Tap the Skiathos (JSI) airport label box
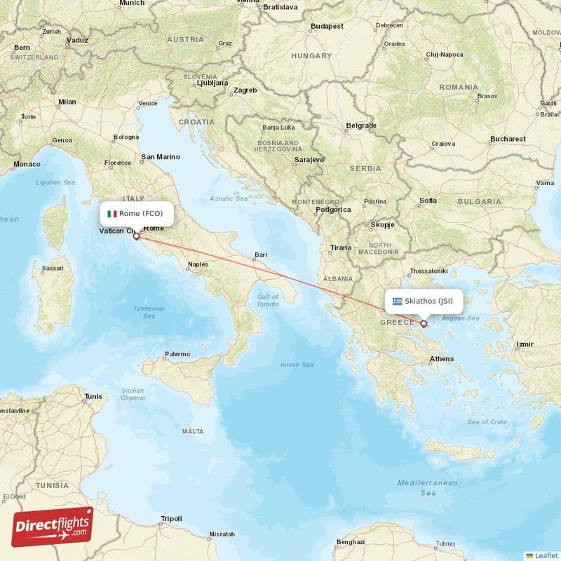pyautogui.click(x=424, y=302)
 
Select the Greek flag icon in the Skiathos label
pyautogui.click(x=398, y=302)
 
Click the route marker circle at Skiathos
pyautogui.click(x=424, y=323)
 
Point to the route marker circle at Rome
pyautogui.click(x=136, y=236)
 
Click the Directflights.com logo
pyautogui.click(x=53, y=526)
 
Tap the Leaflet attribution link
pyautogui.click(x=541, y=555)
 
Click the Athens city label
pyautogui.click(x=442, y=359)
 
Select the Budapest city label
pyautogui.click(x=327, y=26)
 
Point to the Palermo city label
pyautogui.click(x=177, y=354)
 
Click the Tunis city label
pyautogui.click(x=93, y=396)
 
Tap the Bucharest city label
pyautogui.click(x=508, y=139)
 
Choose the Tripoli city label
pyautogui.click(x=171, y=519)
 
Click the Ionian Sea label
pyautogui.click(x=297, y=365)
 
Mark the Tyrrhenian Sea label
pyautogui.click(x=149, y=312)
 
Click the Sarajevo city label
pyautogui.click(x=309, y=159)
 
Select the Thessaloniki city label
pyautogui.click(x=428, y=271)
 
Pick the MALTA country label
pyautogui.click(x=193, y=431)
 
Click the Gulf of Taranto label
pyautogui.click(x=267, y=300)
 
